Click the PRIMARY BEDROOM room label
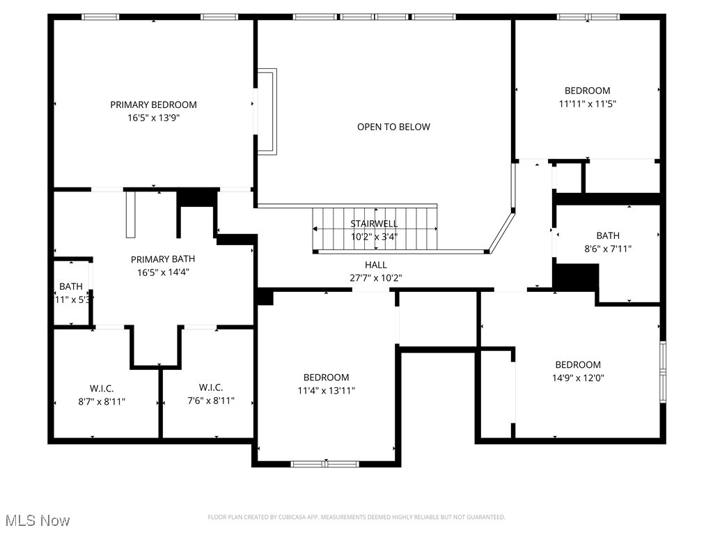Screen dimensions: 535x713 tap(153, 104)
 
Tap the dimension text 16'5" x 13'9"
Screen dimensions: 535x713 tap(153, 118)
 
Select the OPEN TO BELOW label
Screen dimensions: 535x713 tap(393, 127)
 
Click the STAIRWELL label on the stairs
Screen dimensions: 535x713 tap(374, 224)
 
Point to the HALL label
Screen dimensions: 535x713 tap(375, 265)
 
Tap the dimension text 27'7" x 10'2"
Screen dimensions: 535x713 tap(375, 278)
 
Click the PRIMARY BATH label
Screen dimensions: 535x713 tap(163, 259)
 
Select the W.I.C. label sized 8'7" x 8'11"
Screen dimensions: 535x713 tap(102, 388)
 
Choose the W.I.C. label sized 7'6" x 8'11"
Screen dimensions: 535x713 tap(210, 388)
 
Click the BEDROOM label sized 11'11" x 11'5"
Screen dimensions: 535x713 tap(587, 91)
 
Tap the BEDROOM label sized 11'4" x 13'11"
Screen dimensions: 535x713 tap(326, 378)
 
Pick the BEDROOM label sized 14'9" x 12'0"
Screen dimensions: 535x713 tap(577, 365)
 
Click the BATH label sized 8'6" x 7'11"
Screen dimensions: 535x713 tap(607, 235)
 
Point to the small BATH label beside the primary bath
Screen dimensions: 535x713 tap(70, 286)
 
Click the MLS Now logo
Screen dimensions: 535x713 tap(37, 520)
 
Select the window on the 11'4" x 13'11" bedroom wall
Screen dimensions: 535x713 tap(324, 463)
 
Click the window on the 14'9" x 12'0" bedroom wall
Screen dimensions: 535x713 tap(663, 371)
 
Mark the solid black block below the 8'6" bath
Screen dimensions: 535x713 tap(575, 277)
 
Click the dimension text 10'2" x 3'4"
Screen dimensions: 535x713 tap(374, 236)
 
